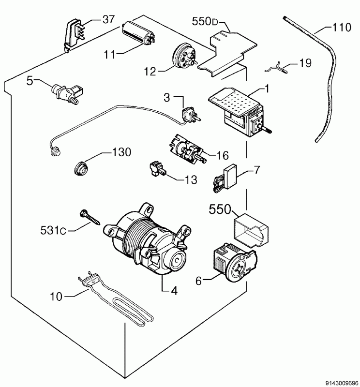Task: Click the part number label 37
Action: point(109,19)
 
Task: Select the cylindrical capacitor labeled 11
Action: point(138,33)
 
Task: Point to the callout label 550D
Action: point(205,22)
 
